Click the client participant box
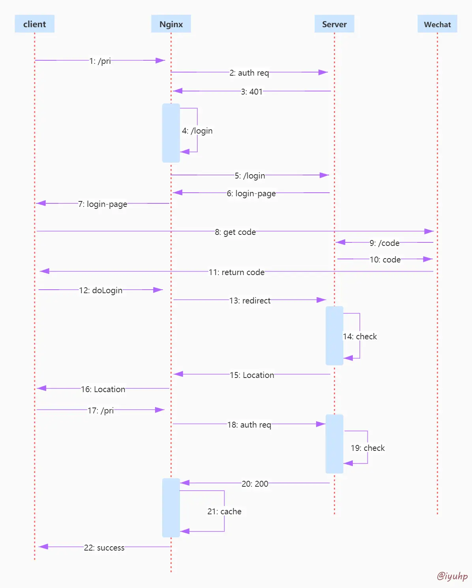(34, 24)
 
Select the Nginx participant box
(171, 24)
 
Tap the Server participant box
(334, 24)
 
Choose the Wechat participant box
(437, 24)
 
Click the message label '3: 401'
(252, 91)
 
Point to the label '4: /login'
(197, 131)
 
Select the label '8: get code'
(235, 232)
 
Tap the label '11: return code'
(236, 272)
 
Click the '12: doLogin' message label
(101, 290)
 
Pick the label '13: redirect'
(250, 301)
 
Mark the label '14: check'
(360, 337)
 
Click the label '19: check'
(368, 448)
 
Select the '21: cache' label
(225, 512)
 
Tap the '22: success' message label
(104, 548)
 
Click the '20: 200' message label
(255, 484)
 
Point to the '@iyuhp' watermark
(452, 576)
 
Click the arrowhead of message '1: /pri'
(161, 60)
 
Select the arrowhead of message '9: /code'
(340, 242)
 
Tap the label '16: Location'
(103, 389)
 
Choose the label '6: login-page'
(251, 194)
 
